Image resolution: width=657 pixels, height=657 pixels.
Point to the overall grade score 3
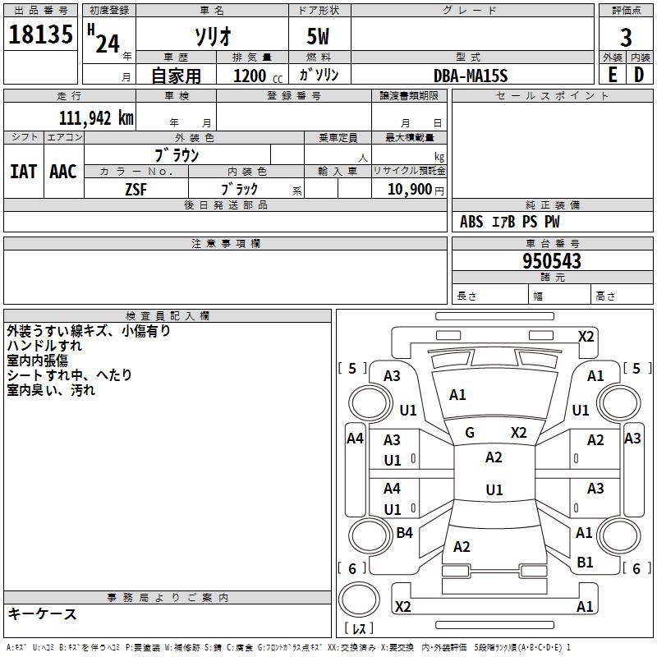[626, 38]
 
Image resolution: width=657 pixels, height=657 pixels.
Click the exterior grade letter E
[612, 75]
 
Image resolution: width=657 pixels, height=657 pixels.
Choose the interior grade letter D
[639, 75]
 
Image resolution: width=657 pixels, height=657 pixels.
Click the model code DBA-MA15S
[471, 76]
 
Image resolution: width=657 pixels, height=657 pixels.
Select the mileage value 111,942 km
[96, 117]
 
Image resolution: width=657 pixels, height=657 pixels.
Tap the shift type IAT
[23, 171]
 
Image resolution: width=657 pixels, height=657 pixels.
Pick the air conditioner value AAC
[63, 171]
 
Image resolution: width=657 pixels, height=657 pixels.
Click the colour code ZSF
[136, 189]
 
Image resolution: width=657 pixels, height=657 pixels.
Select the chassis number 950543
[552, 261]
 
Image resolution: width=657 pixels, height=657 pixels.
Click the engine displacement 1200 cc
[255, 76]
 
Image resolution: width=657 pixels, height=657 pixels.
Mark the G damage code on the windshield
[470, 433]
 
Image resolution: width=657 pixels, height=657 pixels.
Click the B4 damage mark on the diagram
[404, 533]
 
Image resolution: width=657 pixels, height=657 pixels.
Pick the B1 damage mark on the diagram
[585, 563]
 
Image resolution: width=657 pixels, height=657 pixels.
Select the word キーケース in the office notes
[42, 614]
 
